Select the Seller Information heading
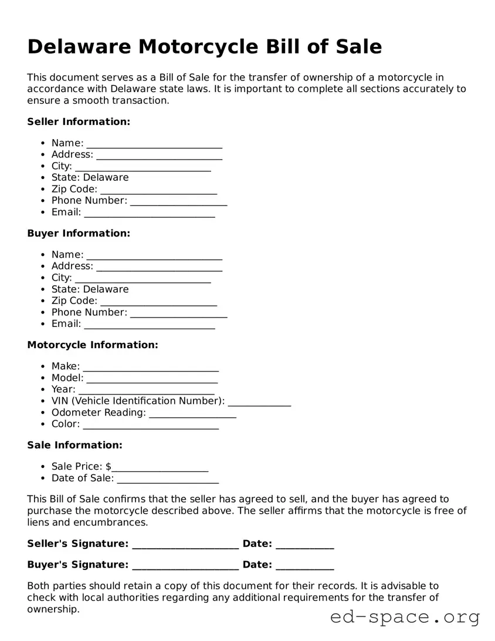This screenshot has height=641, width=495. (x=79, y=122)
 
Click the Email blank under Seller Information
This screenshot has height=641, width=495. (x=150, y=213)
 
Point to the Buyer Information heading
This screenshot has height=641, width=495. (x=79, y=233)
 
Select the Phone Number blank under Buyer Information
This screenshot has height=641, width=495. (x=178, y=313)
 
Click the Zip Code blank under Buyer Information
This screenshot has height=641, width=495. (x=158, y=302)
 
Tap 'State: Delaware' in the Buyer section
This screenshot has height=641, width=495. (x=90, y=289)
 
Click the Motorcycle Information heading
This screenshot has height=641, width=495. (x=93, y=345)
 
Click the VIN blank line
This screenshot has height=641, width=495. (x=259, y=402)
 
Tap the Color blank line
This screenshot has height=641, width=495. (x=151, y=425)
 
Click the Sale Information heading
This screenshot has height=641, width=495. (x=74, y=445)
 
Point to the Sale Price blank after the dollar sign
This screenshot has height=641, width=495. (x=160, y=467)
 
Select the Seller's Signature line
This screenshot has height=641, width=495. (x=185, y=545)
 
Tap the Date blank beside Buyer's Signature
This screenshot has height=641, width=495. (x=304, y=566)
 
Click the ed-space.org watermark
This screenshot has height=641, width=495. (x=405, y=617)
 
